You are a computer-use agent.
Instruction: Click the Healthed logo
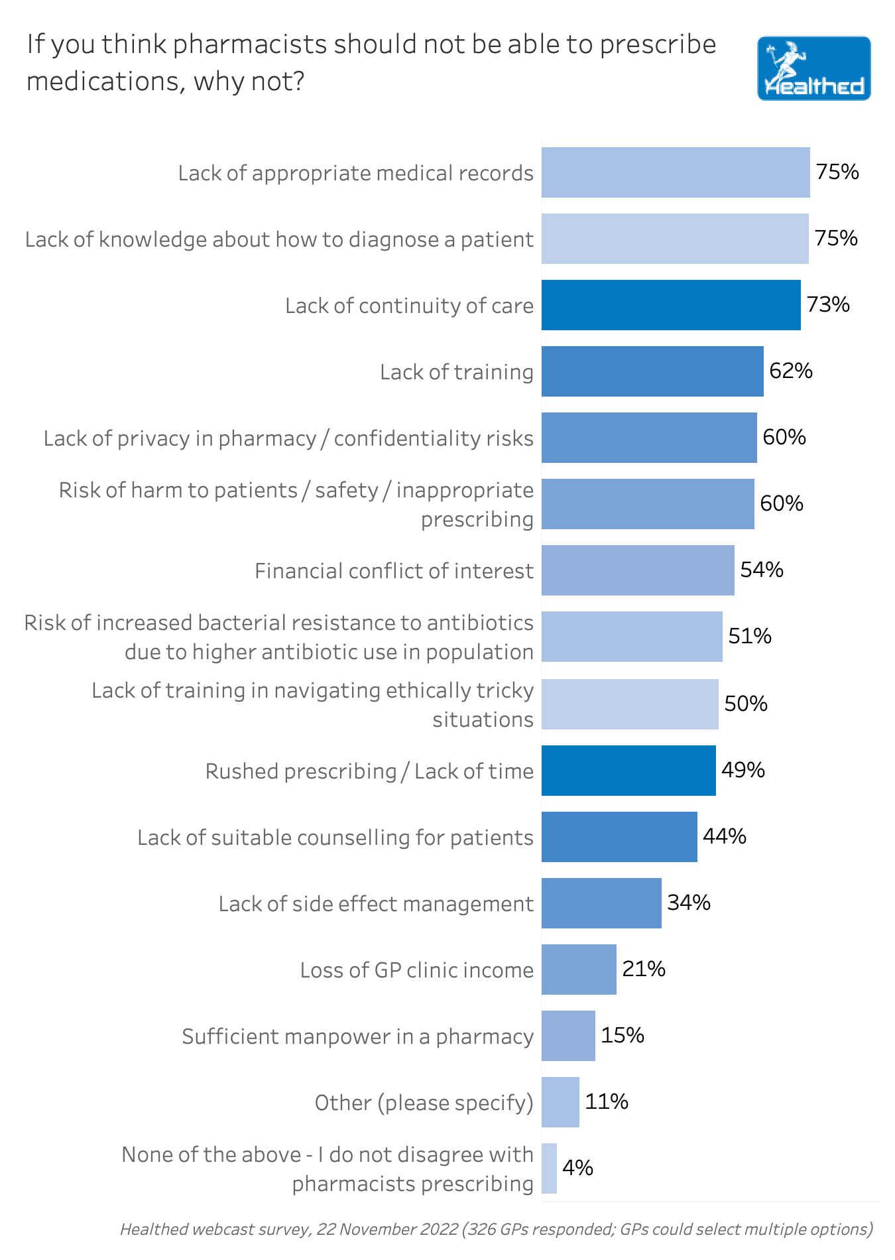click(813, 68)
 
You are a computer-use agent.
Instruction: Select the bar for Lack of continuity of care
click(671, 305)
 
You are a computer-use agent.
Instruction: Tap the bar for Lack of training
click(652, 371)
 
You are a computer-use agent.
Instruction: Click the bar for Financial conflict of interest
click(638, 570)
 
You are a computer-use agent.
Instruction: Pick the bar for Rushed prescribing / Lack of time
click(628, 771)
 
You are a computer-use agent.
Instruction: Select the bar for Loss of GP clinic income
click(579, 970)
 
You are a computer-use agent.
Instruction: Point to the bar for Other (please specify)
click(560, 1102)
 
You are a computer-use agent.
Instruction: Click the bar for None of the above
click(549, 1168)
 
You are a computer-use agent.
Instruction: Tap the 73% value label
click(828, 304)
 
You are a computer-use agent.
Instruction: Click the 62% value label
click(791, 371)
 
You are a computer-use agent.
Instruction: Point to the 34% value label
click(689, 903)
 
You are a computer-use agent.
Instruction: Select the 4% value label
click(577, 1168)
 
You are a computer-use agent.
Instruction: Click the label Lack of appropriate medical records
click(355, 173)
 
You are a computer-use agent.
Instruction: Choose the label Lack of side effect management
click(376, 904)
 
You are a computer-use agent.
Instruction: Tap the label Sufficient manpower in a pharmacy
click(357, 1037)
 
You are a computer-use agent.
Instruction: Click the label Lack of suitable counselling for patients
click(335, 838)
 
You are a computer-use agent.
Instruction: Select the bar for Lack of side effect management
click(601, 903)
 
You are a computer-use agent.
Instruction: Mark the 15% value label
click(623, 1035)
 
